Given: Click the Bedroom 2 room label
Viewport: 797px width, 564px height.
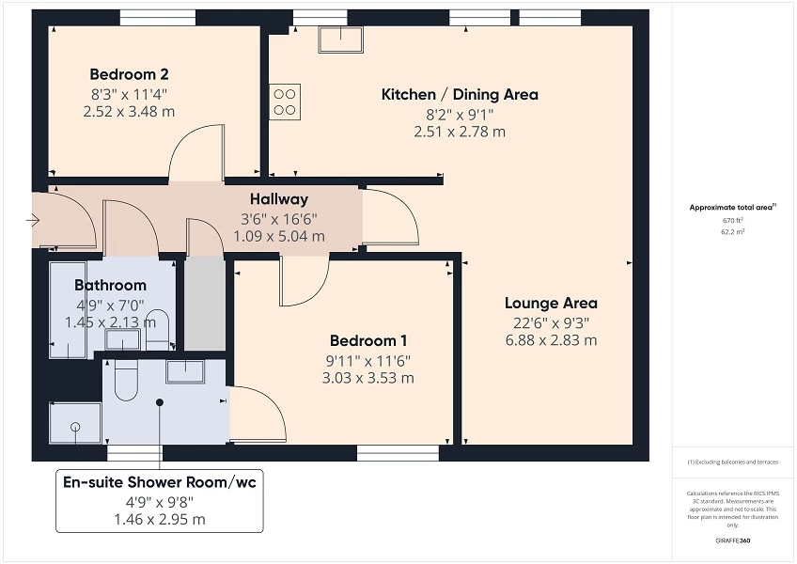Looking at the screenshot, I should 129,74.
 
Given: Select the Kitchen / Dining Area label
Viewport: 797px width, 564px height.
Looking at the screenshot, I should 459,94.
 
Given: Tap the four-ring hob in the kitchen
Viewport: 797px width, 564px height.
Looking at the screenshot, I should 285,102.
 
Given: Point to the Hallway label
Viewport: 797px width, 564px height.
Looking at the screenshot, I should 279,199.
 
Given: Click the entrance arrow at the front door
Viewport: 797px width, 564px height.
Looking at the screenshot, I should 34,221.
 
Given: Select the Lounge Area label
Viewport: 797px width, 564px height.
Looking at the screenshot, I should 551,303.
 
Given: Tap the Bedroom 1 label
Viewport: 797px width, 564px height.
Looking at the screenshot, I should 367,340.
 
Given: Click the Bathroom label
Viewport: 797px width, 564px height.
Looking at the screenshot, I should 110,285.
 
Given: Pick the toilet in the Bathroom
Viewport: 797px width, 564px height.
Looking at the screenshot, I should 158,326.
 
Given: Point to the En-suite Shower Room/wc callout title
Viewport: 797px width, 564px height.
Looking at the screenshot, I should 159,482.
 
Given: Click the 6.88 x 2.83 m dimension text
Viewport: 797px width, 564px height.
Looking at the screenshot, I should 551,340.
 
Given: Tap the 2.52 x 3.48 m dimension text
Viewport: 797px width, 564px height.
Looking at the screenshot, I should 129,112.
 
